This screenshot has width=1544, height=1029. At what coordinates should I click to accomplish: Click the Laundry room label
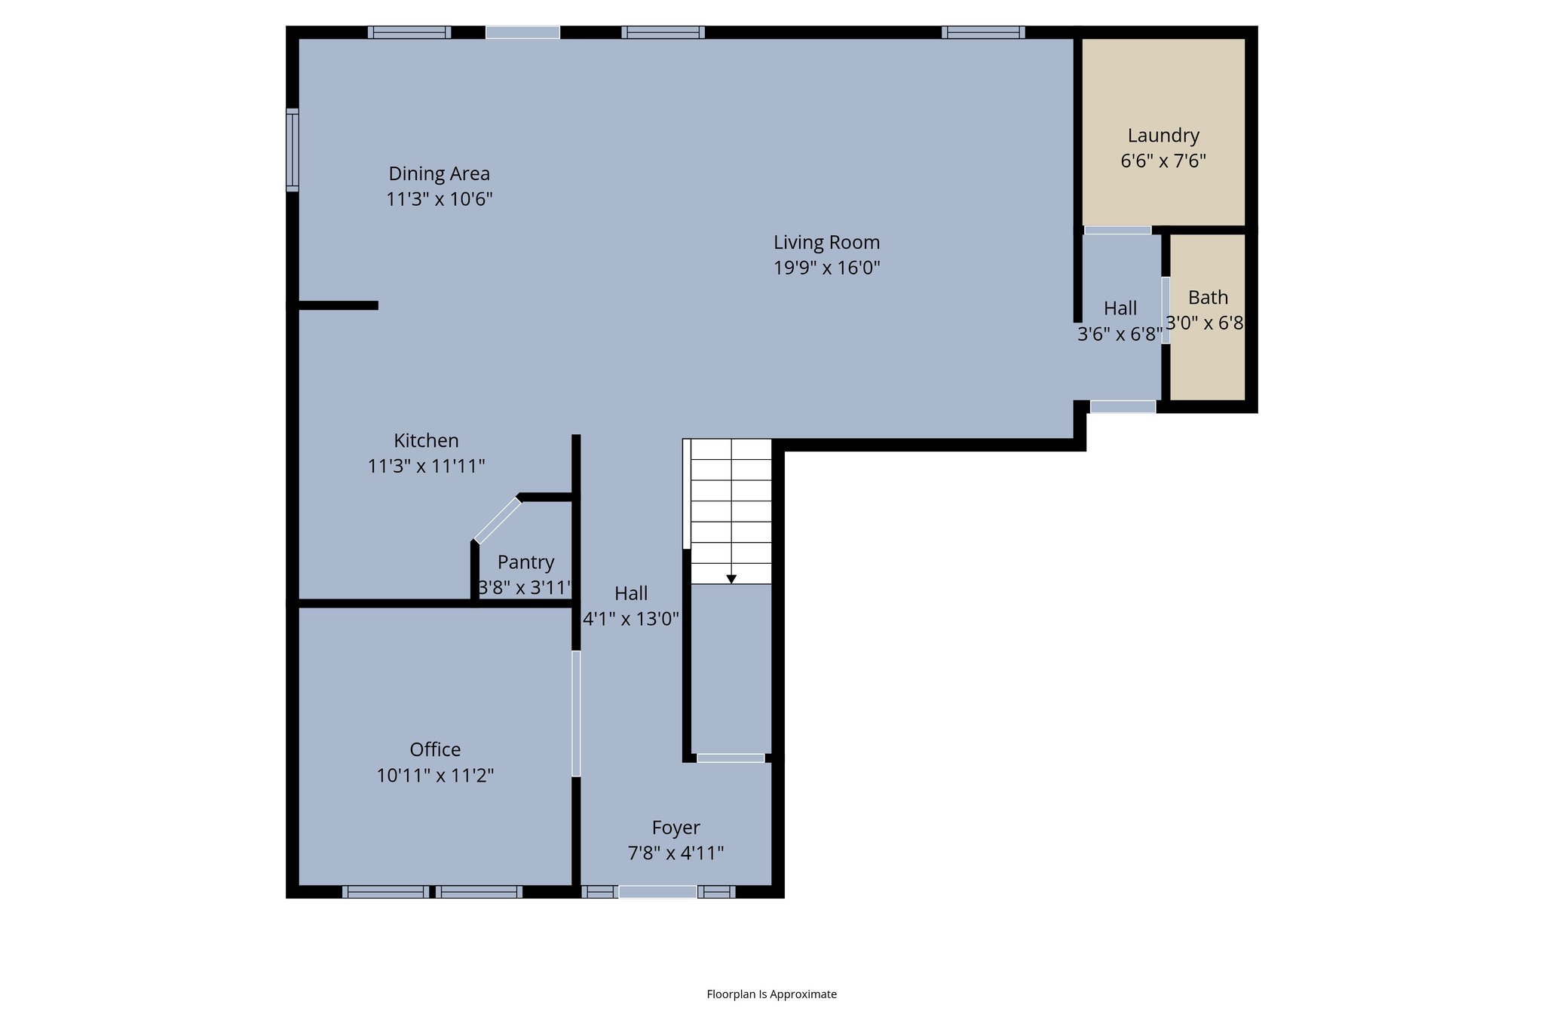coord(1163,136)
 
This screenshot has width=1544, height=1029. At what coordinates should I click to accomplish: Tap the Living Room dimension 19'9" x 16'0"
coord(826,268)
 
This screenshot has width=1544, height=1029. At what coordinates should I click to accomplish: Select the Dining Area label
coord(439,173)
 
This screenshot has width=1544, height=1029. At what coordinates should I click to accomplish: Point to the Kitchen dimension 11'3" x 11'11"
coord(426,466)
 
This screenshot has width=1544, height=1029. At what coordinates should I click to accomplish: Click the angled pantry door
coord(497,520)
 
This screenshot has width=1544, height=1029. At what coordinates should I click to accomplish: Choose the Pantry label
coord(525,562)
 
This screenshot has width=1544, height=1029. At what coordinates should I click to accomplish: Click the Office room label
coord(435,749)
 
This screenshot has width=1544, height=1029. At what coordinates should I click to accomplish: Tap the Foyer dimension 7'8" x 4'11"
coord(675,853)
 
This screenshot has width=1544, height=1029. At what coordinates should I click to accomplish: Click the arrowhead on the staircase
coord(731,579)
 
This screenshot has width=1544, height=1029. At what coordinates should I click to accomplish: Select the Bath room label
coord(1208,298)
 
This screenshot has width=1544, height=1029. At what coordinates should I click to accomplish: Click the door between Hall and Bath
coord(1166,311)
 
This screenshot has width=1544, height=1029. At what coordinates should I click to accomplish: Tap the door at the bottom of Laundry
coord(1117,230)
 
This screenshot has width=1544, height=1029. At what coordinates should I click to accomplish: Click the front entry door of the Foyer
coord(657,892)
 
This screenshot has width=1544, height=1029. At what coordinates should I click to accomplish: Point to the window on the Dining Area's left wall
coord(292,149)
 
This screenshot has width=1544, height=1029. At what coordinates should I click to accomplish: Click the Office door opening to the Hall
coord(576,713)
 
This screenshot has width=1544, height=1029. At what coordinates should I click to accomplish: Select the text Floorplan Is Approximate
coord(771,994)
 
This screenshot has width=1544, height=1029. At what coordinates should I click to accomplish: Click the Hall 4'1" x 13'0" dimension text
coord(631,619)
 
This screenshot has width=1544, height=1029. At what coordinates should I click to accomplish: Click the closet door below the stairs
coord(731,758)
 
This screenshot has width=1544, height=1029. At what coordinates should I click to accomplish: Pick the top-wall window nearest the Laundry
coord(983,32)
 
